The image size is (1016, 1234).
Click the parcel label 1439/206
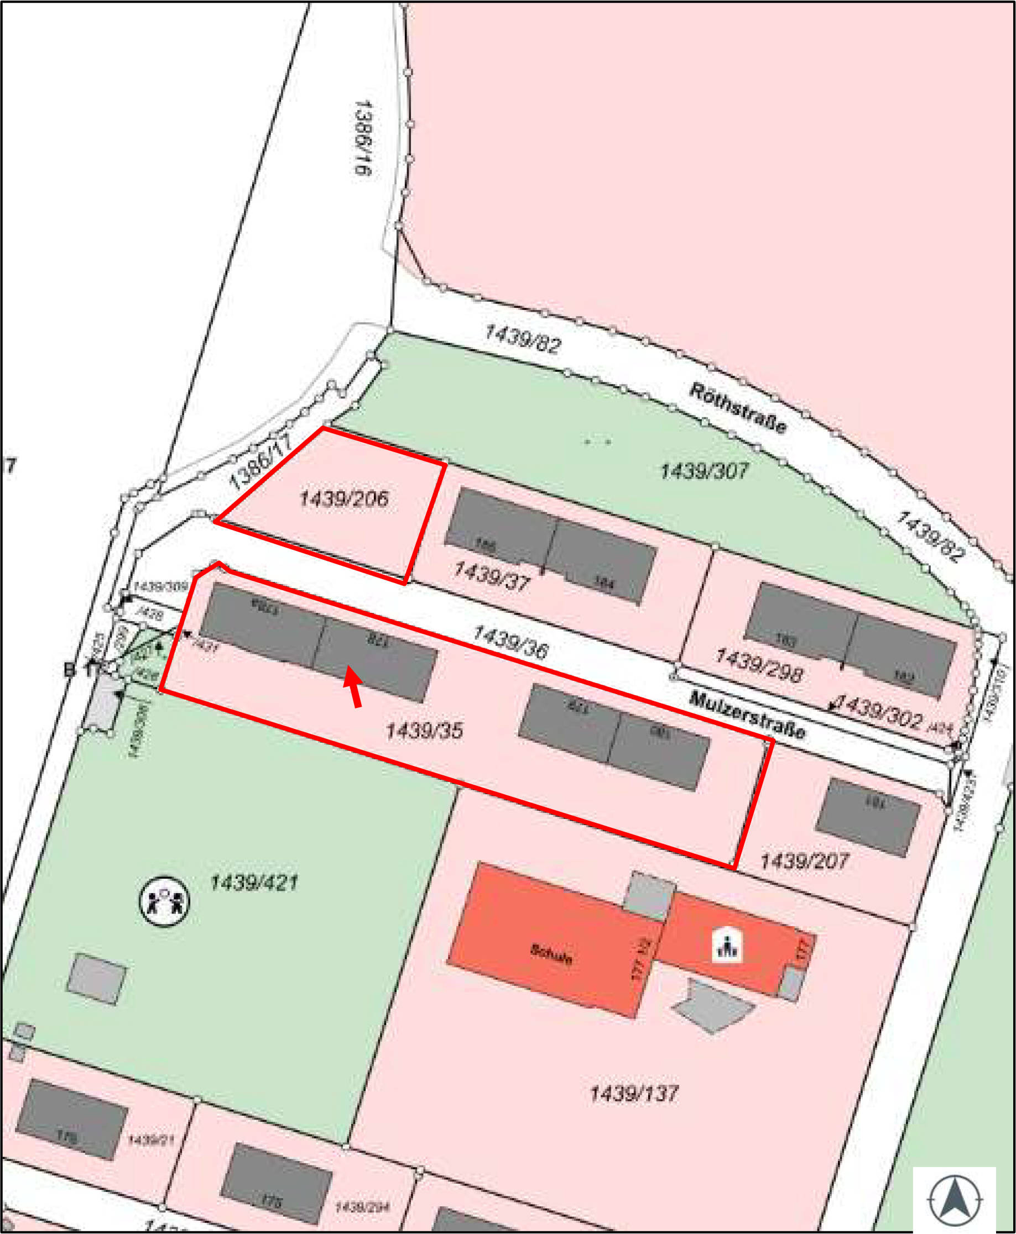(343, 499)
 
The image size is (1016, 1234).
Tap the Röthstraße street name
(737, 408)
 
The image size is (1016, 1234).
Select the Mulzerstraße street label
(747, 715)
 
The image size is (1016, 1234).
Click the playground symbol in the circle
(164, 901)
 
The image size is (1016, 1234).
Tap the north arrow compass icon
(955, 1200)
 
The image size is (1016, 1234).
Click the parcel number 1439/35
(424, 731)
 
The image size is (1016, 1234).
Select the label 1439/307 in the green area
(704, 471)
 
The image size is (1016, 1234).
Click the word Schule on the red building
(551, 954)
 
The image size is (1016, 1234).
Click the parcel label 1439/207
(804, 860)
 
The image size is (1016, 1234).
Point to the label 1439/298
(758, 666)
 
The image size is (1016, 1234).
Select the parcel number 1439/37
(492, 574)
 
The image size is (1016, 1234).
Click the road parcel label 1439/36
(510, 642)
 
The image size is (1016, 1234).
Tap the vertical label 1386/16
(363, 138)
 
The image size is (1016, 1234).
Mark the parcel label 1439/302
(879, 711)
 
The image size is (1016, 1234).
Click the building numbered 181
(868, 817)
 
